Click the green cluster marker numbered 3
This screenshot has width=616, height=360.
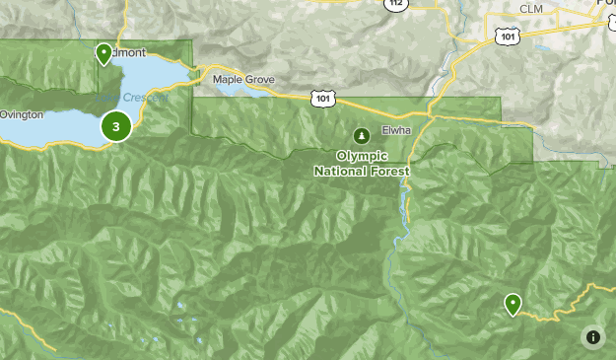(x=116, y=126)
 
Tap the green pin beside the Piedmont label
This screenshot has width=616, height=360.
(x=103, y=53)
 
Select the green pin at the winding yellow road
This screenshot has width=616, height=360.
(x=513, y=304)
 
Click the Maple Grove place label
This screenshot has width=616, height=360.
(x=239, y=79)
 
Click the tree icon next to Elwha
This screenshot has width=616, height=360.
(x=362, y=134)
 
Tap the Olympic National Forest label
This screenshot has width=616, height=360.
(x=361, y=163)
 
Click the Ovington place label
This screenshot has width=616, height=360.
(x=21, y=115)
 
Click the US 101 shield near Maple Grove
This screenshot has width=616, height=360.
(x=325, y=98)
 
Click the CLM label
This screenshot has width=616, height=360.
(x=531, y=10)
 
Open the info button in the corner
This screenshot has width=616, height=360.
(x=592, y=337)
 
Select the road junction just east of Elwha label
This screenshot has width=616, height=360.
(x=431, y=116)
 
